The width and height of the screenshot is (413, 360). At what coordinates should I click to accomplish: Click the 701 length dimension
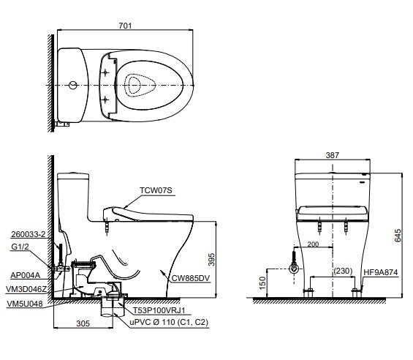coord(125,26)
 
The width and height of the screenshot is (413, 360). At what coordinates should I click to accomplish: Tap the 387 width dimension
coord(332,155)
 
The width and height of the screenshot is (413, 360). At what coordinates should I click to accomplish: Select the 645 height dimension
coord(398,236)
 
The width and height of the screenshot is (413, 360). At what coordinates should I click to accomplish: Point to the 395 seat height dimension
coord(211,260)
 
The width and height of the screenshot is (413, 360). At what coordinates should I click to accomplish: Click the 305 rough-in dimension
coord(83,323)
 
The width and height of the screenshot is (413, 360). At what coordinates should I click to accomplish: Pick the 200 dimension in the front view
coord(313,244)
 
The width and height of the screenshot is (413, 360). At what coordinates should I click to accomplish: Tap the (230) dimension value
coord(343,271)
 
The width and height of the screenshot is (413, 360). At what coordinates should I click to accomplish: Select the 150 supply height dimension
coord(262,283)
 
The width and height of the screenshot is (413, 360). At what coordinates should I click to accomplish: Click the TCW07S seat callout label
coord(156,190)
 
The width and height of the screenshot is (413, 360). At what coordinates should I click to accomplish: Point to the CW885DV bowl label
coord(191,278)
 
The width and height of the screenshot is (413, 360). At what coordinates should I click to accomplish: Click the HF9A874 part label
coord(381,272)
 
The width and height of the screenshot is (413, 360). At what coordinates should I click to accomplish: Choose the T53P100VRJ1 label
coord(159,310)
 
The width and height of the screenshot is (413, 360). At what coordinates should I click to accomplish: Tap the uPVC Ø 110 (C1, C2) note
coord(169,322)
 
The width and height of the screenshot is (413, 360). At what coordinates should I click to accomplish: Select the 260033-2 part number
coord(29,234)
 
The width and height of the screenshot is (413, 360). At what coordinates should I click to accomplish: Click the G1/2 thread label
coord(20,247)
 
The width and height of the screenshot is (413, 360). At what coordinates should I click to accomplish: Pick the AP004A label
coord(26,275)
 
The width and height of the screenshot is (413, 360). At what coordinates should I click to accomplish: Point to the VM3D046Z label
coord(26,289)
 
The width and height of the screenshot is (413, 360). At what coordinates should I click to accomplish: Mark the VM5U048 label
coord(25,304)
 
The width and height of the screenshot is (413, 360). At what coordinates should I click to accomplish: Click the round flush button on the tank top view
coord(73,85)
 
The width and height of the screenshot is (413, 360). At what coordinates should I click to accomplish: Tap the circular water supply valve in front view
coord(294,269)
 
